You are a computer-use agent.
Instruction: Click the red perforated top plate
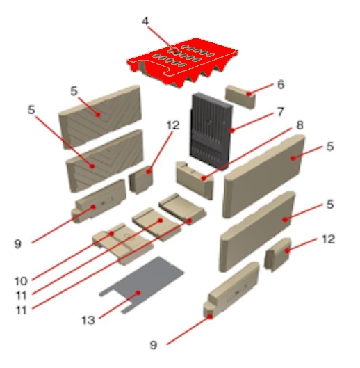point(183,62)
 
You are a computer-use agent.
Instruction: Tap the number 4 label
point(145,21)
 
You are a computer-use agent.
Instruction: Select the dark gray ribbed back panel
point(211,131)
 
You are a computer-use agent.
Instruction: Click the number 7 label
point(280,112)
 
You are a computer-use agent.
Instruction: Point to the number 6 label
point(281,84)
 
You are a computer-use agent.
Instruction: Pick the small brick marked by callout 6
point(240,97)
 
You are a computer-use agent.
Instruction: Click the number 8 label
point(300,125)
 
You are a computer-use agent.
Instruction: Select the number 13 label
point(88,320)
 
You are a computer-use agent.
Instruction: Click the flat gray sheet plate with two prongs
point(141,285)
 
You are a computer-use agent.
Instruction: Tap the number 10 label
point(21,281)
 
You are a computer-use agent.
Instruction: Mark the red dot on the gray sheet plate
point(138,293)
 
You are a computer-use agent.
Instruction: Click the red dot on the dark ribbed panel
point(232,131)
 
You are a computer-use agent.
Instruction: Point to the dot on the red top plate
point(175,51)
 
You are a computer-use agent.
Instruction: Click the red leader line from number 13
point(119,305)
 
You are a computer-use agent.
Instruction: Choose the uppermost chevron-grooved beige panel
point(100,117)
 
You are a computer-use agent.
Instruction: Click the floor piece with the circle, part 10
point(122,243)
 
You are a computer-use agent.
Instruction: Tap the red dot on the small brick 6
point(249,94)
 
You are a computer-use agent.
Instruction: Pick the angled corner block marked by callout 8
point(195,179)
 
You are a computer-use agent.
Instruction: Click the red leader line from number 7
point(252,122)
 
